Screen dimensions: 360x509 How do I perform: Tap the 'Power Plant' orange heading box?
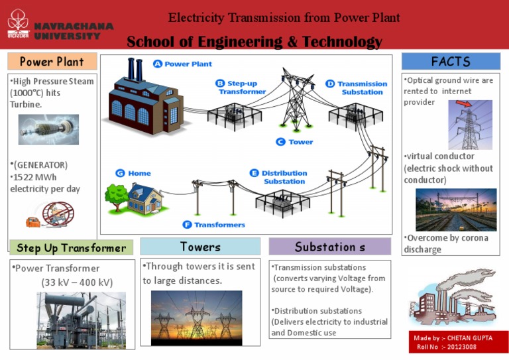click(52, 62)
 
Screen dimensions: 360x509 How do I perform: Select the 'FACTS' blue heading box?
click(451, 62)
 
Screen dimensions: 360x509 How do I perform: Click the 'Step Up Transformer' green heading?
click(71, 248)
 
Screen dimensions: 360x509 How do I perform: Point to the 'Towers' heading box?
click(200, 247)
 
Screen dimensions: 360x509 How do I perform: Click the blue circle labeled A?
click(157, 64)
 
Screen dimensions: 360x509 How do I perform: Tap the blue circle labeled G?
click(120, 173)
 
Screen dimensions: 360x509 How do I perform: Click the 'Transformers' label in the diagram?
click(219, 225)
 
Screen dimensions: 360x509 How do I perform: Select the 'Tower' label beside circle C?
click(301, 142)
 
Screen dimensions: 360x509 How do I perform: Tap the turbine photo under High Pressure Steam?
click(48, 129)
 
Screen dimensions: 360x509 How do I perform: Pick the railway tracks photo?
click(455, 209)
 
